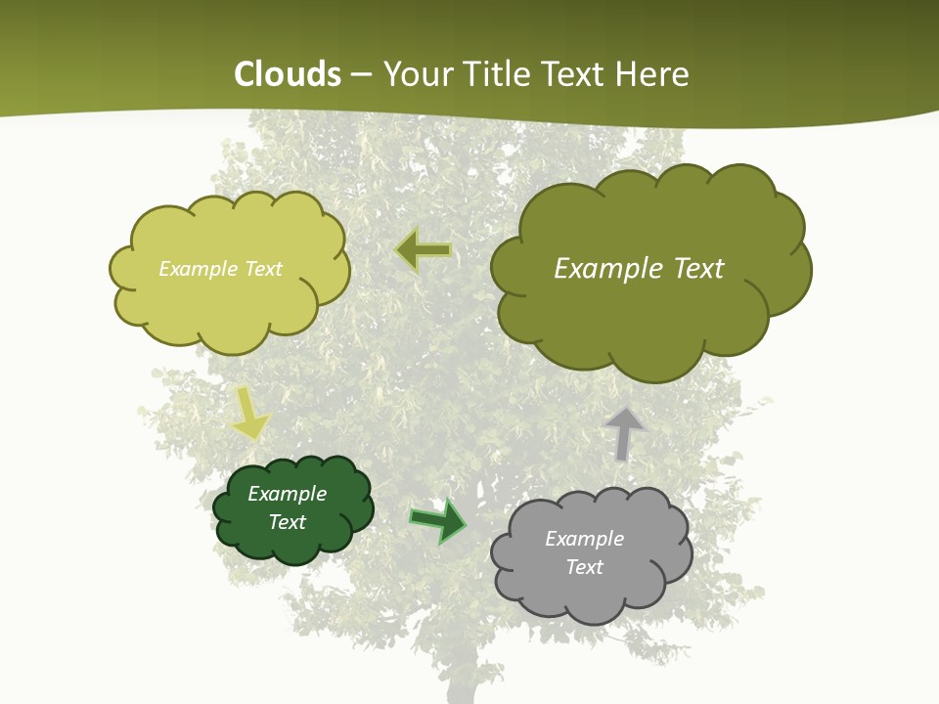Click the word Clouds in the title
tap(288, 74)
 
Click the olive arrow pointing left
tap(424, 251)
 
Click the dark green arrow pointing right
tap(438, 520)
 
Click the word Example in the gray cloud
tap(584, 539)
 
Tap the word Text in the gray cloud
tap(584, 567)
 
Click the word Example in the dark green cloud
tap(287, 494)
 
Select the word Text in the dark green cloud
tap(287, 522)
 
